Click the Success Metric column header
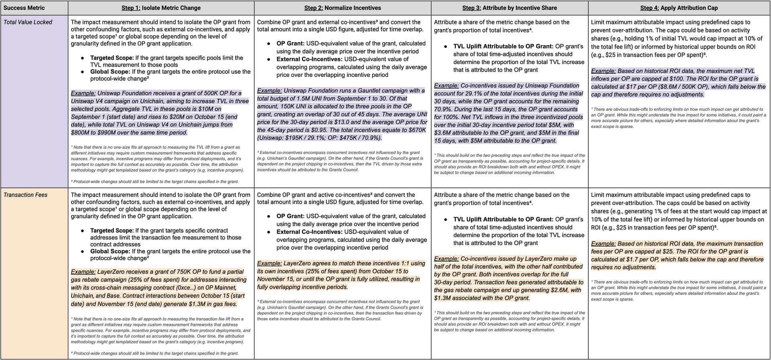click(x=24, y=8)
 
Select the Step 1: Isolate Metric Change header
click(x=161, y=8)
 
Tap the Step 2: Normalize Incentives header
click(x=343, y=8)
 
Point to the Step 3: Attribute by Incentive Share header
click(x=509, y=8)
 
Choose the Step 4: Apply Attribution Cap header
click(x=679, y=8)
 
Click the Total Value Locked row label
click(x=28, y=22)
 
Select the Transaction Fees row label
click(x=25, y=195)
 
